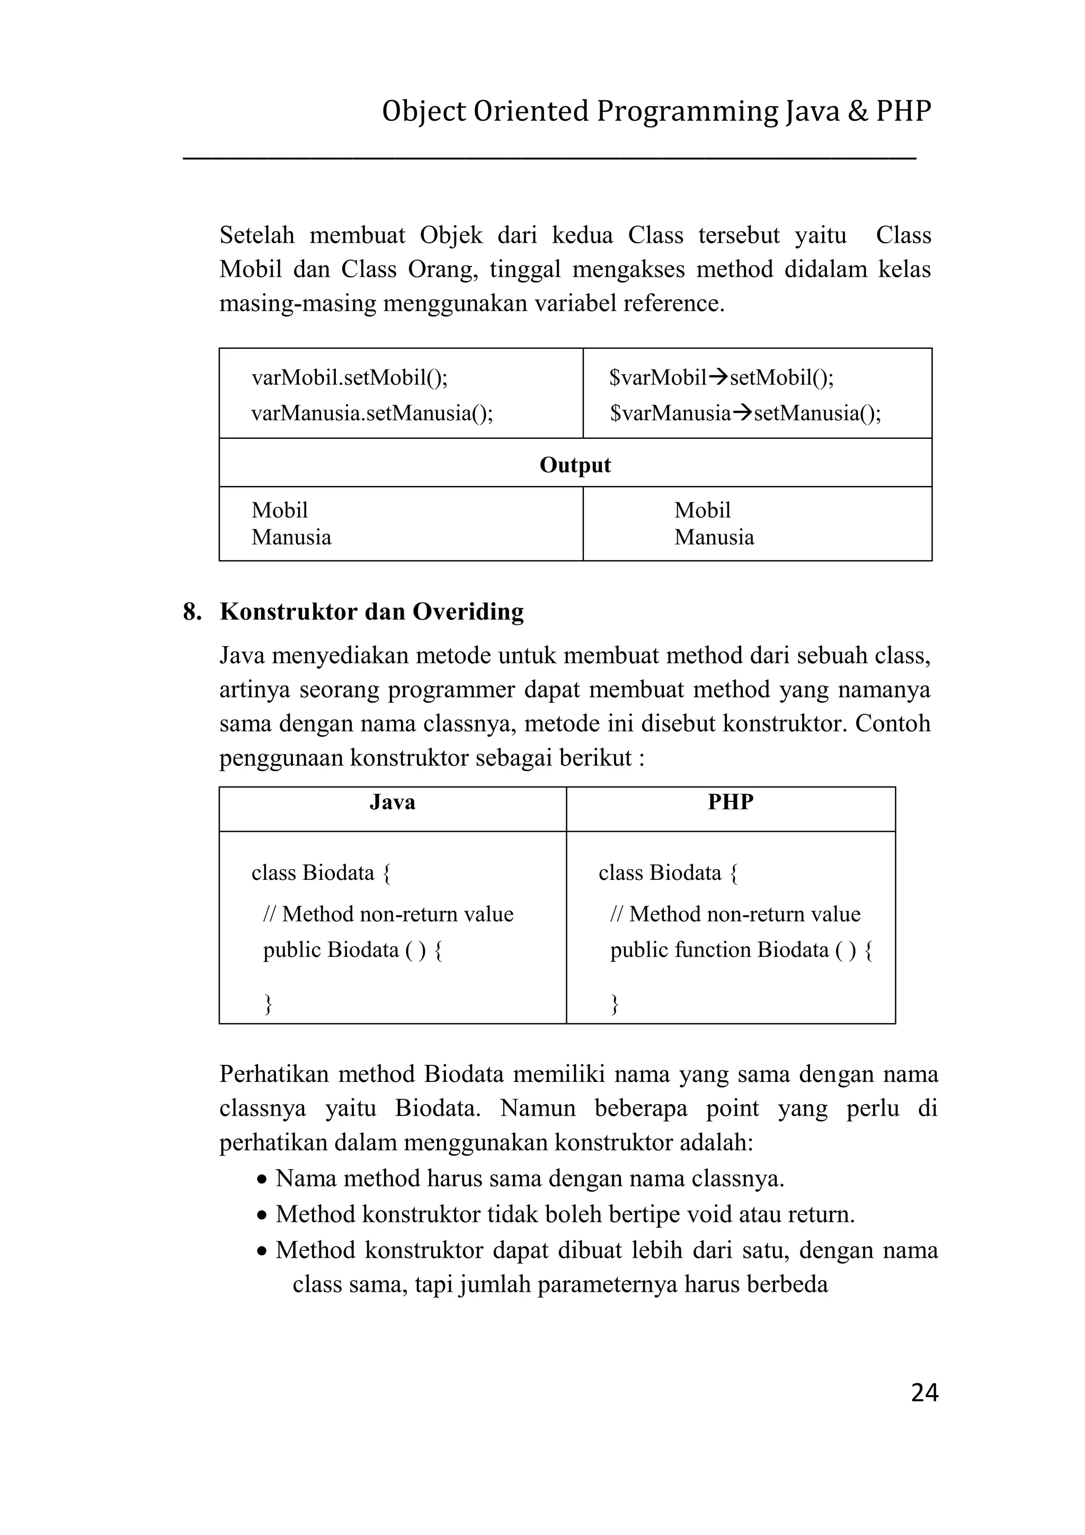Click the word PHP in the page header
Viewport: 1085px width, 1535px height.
point(903,111)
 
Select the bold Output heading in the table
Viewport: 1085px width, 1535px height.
point(575,465)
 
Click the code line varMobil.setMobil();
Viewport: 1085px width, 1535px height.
point(350,378)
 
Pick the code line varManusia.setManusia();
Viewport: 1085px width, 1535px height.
point(372,413)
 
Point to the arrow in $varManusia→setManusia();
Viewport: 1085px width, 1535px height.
point(742,413)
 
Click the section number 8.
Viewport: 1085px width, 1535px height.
point(192,612)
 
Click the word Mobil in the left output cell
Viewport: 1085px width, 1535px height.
point(279,510)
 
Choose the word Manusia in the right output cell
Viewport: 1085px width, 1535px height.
point(714,537)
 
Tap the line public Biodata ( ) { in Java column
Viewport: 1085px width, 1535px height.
point(352,950)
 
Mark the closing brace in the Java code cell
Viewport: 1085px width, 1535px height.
point(268,1003)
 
